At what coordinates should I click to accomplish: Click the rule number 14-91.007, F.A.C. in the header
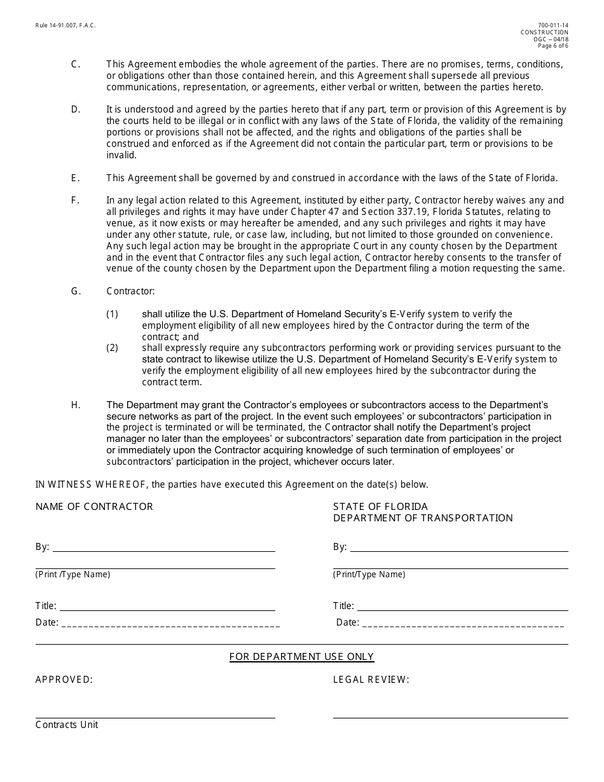point(65,25)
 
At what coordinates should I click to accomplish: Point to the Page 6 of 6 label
point(553,46)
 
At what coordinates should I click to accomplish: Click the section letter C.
point(76,64)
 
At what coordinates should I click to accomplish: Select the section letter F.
point(76,200)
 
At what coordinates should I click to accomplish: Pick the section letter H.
point(76,405)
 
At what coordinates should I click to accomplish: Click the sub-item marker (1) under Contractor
point(113,314)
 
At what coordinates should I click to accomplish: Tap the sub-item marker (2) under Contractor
point(113,348)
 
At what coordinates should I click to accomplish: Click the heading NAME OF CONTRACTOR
point(94,507)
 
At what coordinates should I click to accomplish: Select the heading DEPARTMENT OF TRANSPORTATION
point(423,518)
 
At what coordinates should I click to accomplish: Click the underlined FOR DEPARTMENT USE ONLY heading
point(301,657)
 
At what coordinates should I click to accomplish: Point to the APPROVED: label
point(64,680)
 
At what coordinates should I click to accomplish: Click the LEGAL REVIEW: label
point(371,680)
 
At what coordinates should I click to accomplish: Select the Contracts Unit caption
point(67,725)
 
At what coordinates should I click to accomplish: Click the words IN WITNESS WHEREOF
point(91,484)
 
